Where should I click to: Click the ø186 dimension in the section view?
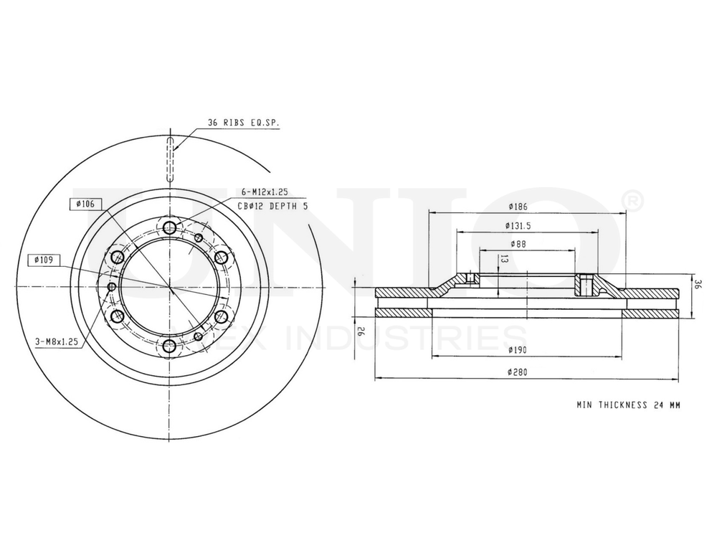coord(518,207)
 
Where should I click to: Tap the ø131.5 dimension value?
coord(518,226)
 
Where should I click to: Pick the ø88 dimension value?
coord(518,244)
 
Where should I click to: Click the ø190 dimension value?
coord(518,350)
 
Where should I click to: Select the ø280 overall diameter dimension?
coord(518,372)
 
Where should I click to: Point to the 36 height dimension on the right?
coord(697,284)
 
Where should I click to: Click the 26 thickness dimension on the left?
coord(361,331)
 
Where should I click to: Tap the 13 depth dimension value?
coord(504,260)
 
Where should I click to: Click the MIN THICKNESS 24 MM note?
coord(628,405)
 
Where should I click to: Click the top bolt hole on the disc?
coord(170,228)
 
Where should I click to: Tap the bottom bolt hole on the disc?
coord(170,346)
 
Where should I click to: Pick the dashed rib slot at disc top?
coord(170,159)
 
